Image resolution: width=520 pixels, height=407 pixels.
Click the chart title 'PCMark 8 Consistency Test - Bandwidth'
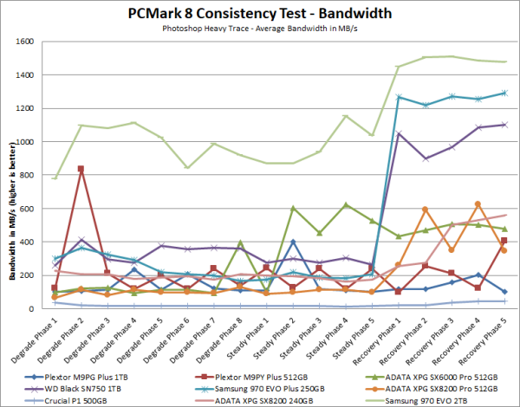[259, 12]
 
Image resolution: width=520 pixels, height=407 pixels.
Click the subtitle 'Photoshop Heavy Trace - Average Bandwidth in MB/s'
[259, 28]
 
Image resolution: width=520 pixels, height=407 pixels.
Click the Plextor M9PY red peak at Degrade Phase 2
[81, 169]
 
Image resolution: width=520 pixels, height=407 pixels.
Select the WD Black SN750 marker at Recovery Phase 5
[504, 125]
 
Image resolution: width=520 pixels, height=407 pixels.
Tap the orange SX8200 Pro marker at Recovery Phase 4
[478, 204]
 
